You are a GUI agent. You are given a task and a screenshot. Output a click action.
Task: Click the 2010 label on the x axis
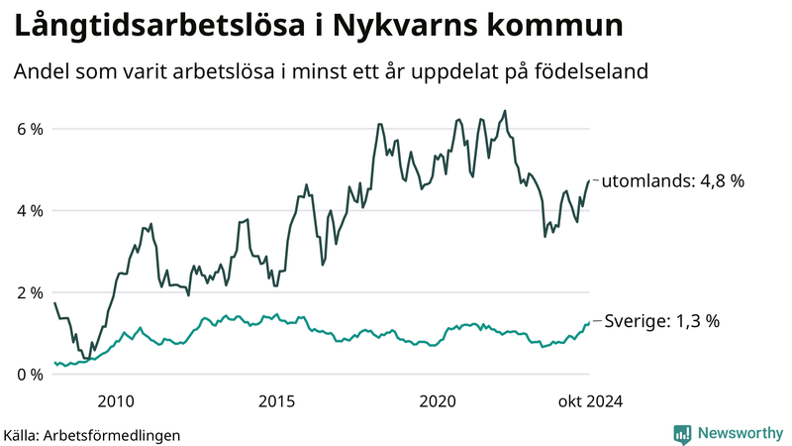click(x=116, y=400)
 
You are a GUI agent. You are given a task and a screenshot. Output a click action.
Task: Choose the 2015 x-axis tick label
click(x=277, y=400)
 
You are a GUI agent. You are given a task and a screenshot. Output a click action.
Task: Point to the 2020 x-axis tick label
click(x=438, y=400)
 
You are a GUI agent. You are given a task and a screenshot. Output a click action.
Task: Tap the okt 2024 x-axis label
click(x=590, y=400)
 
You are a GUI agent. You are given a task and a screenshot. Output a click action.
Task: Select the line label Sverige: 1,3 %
click(x=661, y=321)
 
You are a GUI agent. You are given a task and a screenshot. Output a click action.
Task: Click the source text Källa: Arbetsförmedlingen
click(x=92, y=434)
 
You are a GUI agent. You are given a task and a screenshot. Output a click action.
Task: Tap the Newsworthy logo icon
click(x=682, y=433)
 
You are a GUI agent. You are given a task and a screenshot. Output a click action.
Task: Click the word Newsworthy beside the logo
click(x=740, y=433)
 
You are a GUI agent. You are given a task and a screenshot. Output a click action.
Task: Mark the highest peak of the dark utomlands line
click(x=505, y=111)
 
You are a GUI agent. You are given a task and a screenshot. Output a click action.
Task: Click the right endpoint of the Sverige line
click(x=589, y=321)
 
